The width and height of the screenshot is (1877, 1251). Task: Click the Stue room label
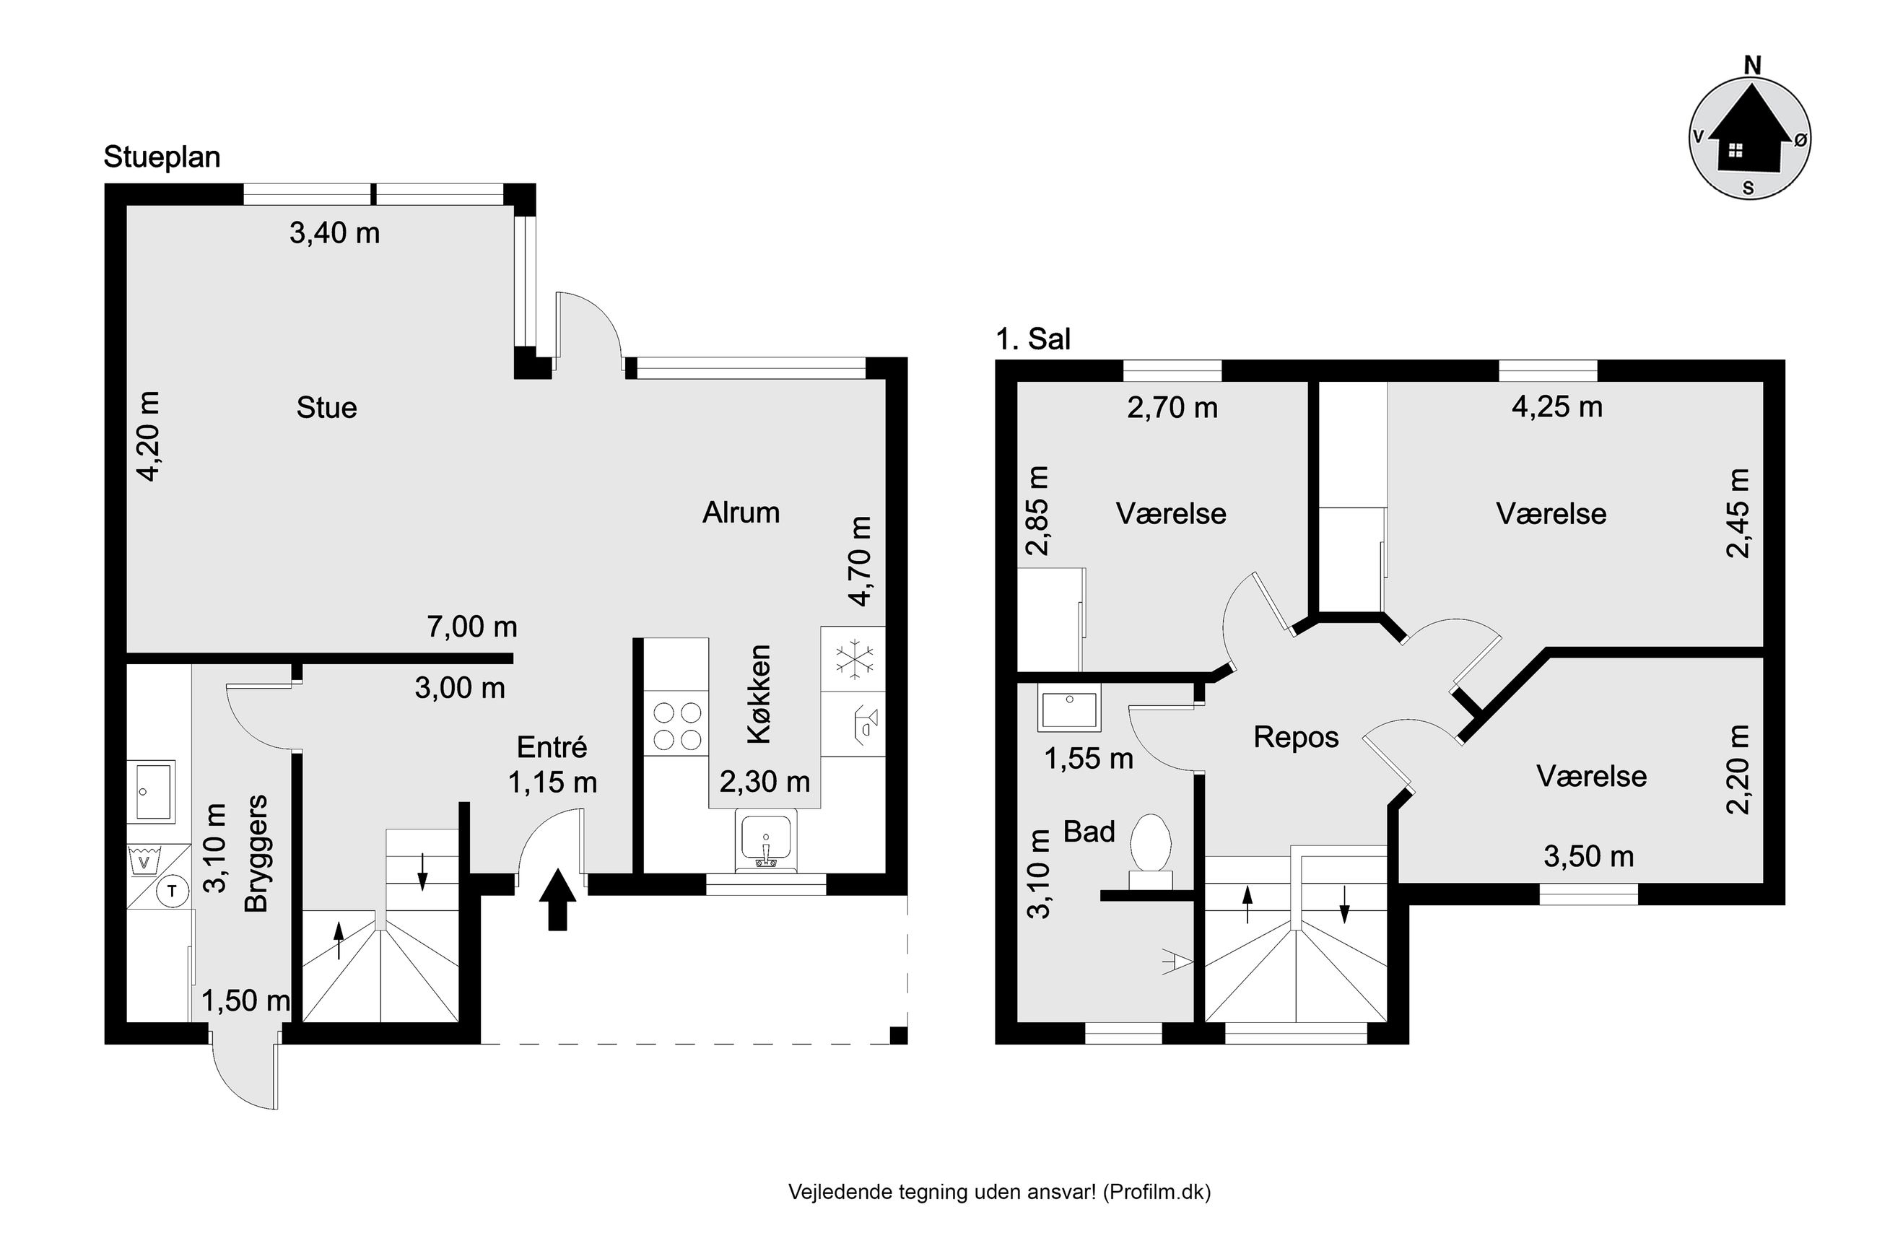[x=326, y=408]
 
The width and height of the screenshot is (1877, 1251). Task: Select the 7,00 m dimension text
[x=472, y=627]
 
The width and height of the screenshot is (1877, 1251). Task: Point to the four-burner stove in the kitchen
[x=676, y=727]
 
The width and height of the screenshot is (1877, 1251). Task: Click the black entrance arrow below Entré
[x=557, y=899]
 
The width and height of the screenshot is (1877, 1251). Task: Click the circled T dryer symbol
[x=172, y=892]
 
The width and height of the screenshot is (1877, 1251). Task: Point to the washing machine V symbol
[x=144, y=862]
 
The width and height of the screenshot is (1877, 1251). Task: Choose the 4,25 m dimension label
[x=1556, y=407]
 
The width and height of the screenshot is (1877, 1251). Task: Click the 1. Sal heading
[x=1033, y=339]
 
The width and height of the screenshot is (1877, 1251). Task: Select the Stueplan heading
[x=162, y=157]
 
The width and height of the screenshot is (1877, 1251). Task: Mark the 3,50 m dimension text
[x=1588, y=857]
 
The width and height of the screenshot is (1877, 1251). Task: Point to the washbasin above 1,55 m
[x=1069, y=707]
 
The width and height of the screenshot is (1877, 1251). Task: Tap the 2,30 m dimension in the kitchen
[x=765, y=782]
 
